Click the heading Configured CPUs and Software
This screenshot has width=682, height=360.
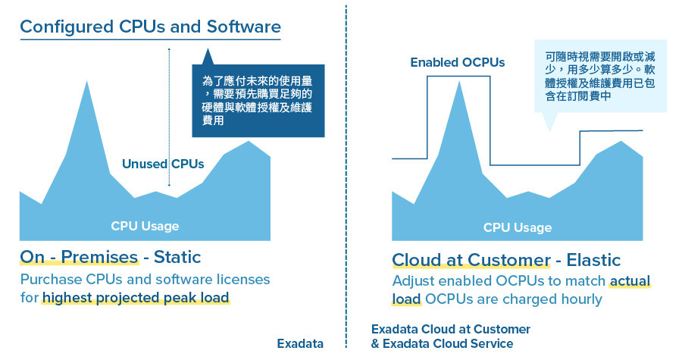click(x=150, y=27)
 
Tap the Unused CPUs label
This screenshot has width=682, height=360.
click(x=163, y=163)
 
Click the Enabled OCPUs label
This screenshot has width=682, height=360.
click(x=457, y=62)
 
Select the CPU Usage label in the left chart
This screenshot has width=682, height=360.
click(x=145, y=225)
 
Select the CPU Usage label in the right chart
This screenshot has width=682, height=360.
click(x=518, y=227)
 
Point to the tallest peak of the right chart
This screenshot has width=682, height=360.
click(x=459, y=83)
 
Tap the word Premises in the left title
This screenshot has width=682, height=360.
click(x=101, y=257)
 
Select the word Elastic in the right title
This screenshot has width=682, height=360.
click(x=588, y=260)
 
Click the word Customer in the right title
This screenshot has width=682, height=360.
click(x=508, y=260)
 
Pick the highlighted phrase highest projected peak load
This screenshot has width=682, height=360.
click(x=136, y=298)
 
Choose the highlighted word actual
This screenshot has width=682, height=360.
click(x=630, y=281)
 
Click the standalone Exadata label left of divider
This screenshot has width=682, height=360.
click(x=300, y=343)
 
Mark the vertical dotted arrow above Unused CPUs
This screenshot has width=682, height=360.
click(x=169, y=99)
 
